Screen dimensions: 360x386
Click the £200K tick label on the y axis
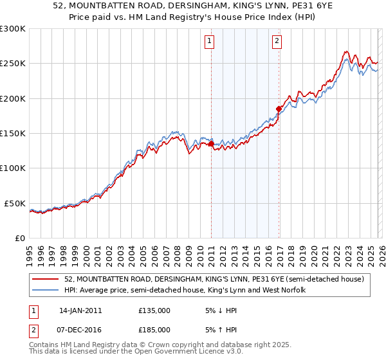coord(13,98)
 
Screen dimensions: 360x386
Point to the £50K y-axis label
coord(15,203)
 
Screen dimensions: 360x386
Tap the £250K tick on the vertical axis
coord(13,64)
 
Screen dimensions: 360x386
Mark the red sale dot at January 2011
coord(211,144)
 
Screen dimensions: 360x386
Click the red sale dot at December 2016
coord(279,109)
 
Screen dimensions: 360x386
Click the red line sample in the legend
coord(46,280)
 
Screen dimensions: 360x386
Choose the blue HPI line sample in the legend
coord(46,291)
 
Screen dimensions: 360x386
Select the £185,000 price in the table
coord(154,329)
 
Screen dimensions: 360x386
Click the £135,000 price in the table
coord(154,310)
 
